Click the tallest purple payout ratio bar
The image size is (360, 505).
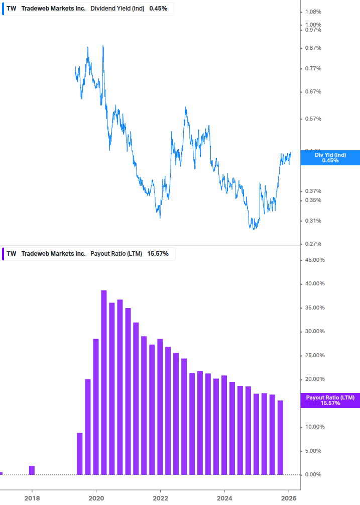click(104, 382)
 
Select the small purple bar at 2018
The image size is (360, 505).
click(32, 470)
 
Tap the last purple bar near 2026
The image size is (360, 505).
click(280, 437)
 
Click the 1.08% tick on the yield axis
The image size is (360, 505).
click(313, 12)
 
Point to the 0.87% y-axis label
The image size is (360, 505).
click(313, 48)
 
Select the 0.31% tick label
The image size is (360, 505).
click(313, 221)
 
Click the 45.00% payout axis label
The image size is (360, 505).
click(315, 260)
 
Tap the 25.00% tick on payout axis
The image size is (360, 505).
click(315, 355)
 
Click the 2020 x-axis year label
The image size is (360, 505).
click(96, 498)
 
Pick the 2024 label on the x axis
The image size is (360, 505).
click(224, 498)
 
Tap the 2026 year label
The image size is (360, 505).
click(289, 498)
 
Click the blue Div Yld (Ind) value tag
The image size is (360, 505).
click(330, 157)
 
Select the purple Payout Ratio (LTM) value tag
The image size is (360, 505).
click(330, 400)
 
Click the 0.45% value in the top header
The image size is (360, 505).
click(158, 9)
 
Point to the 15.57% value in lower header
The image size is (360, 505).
click(158, 254)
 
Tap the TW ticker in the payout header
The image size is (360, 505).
click(11, 254)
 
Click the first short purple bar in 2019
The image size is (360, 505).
click(79, 454)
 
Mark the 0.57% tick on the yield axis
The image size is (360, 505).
click(313, 119)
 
